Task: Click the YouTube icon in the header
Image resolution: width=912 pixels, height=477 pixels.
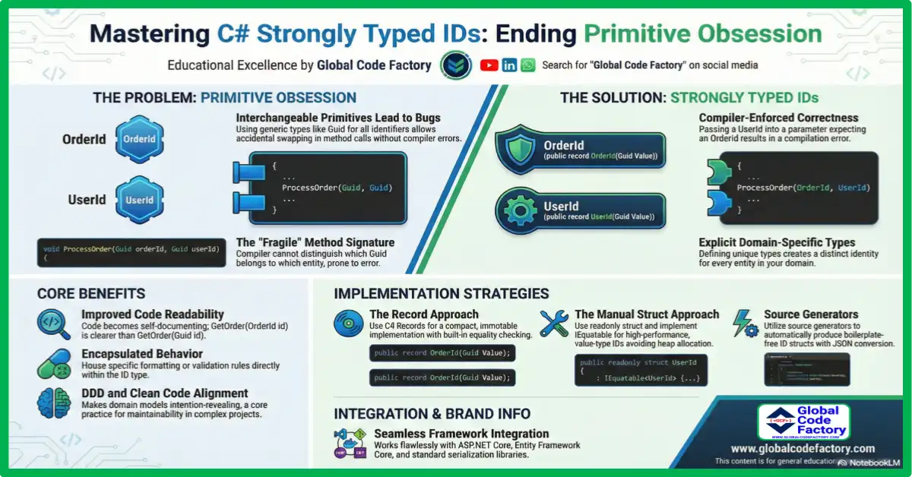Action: click(489, 65)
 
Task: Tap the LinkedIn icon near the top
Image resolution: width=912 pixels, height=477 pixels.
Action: click(509, 65)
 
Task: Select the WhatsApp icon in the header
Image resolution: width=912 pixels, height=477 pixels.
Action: click(527, 65)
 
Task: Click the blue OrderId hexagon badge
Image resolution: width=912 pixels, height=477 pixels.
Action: click(139, 140)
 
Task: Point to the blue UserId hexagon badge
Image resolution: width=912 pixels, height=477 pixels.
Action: click(139, 201)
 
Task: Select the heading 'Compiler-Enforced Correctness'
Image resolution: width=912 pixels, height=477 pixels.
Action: click(778, 118)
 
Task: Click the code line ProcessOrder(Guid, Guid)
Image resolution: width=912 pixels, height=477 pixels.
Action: click(337, 187)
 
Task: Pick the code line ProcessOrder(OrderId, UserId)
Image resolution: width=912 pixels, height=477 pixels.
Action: click(803, 187)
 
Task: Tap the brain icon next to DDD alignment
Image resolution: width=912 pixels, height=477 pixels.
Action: click(53, 403)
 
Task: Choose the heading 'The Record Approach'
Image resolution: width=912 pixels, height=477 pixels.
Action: click(423, 314)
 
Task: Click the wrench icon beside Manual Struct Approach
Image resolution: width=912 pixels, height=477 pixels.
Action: click(554, 324)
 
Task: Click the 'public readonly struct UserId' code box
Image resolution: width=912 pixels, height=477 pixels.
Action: click(638, 370)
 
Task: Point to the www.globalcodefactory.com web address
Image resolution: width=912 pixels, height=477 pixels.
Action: click(803, 449)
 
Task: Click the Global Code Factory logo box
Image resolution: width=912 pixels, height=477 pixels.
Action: click(803, 422)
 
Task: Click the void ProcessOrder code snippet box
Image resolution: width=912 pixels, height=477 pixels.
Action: click(131, 252)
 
